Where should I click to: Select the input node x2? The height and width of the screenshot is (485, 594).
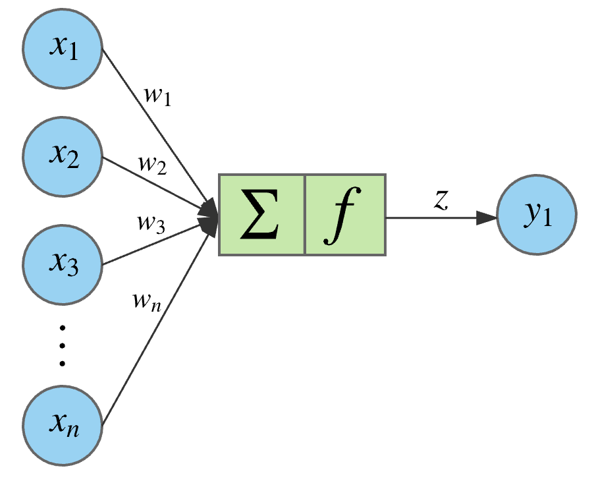point(63,157)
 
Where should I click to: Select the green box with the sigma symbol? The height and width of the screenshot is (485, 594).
point(261,215)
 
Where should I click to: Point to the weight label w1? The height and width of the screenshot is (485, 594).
point(157,95)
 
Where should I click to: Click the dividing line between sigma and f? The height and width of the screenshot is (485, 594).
point(304,215)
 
